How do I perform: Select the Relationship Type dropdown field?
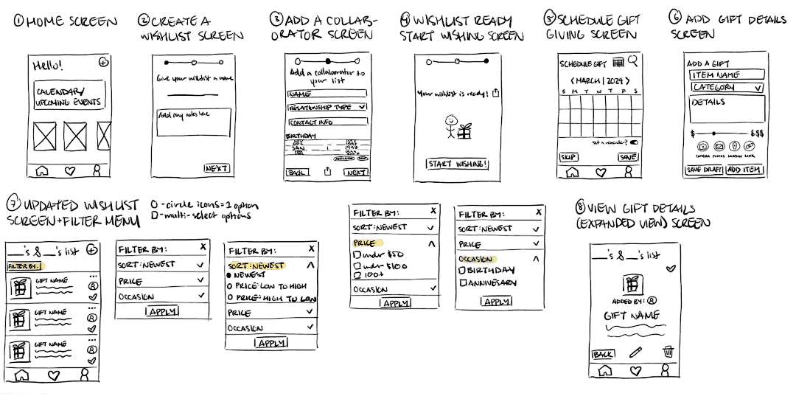[x=327, y=107]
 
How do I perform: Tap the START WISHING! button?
[x=457, y=164]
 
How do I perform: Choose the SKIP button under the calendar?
[x=569, y=157]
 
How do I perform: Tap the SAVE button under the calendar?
[x=628, y=157]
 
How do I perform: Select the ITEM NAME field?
[x=726, y=74]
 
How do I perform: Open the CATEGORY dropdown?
[x=726, y=87]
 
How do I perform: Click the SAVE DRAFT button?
[x=704, y=170]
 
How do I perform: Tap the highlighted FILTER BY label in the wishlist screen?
[x=26, y=266]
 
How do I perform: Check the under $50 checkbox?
[x=358, y=255]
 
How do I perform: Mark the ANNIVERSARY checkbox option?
[x=464, y=282]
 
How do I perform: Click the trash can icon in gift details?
[x=668, y=352]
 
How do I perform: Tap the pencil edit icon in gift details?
[x=635, y=353]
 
